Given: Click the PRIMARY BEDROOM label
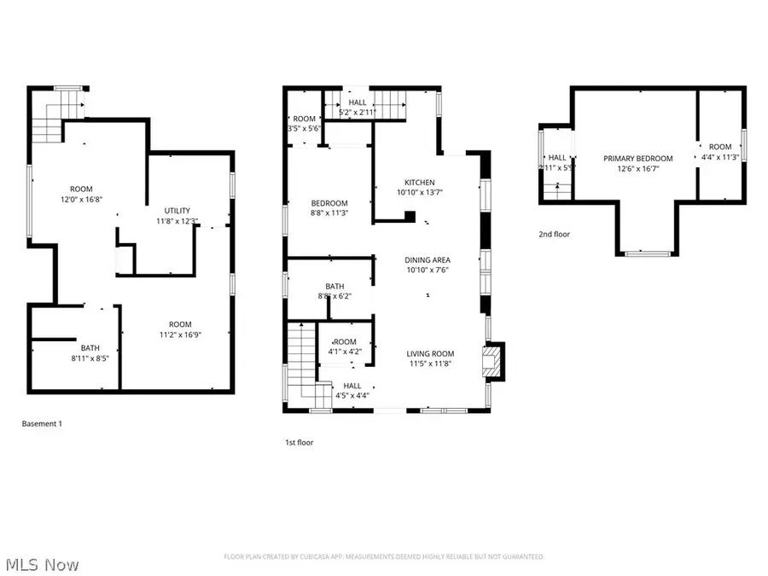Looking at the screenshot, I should point(637,158).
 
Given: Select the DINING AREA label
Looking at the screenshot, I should point(428,260).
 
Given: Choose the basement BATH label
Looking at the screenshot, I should point(90,348).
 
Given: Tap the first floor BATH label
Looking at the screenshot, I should point(334,287).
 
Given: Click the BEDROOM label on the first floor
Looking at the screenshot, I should point(329,203).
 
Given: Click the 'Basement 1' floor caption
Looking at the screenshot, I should point(42,423).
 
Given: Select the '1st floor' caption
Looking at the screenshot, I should point(300,443).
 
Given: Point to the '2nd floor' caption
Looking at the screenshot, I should point(554,234).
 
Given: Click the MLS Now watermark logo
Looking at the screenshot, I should point(42,564).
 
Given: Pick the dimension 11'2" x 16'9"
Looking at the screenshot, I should point(179,335).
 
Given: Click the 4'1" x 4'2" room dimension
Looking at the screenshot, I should point(345,351).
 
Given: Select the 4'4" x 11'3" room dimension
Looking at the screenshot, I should point(720,156).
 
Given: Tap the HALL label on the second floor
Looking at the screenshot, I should point(557,158).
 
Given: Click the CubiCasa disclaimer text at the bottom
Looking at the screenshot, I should point(384,556).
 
